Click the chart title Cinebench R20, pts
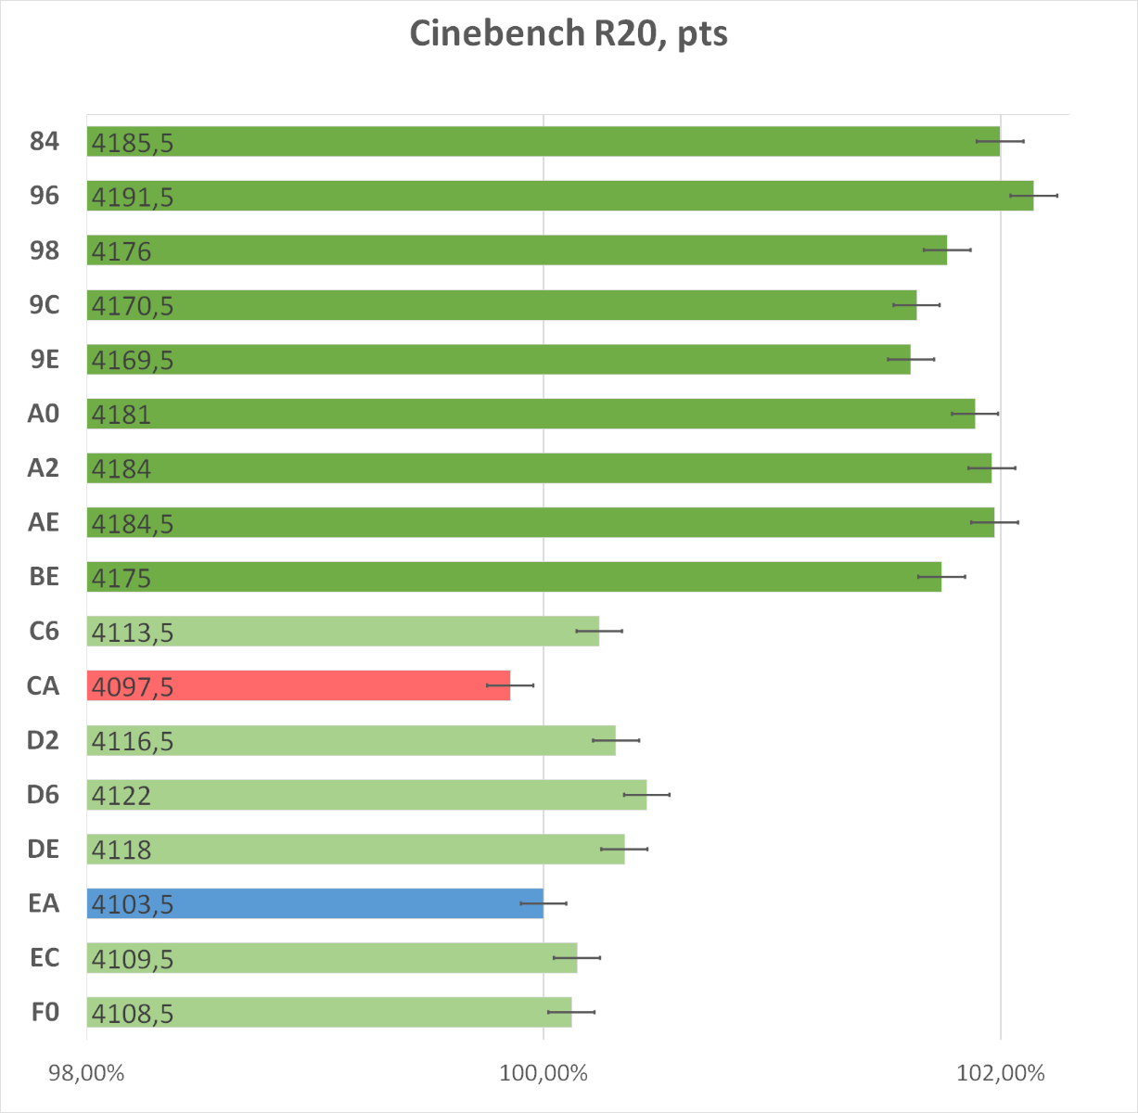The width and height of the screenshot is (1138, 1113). tap(569, 34)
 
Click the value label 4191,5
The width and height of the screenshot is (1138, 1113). tap(133, 197)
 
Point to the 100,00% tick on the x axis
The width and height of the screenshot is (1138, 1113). tap(543, 1073)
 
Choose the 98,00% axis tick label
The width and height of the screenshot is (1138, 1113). tap(86, 1073)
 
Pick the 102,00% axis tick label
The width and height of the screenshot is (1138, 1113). tap(1000, 1073)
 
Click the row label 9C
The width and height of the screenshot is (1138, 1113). tap(44, 305)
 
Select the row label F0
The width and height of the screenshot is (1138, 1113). tap(45, 1012)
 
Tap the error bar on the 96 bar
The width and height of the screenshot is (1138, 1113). tap(1034, 196)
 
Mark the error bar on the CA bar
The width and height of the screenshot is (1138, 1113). tap(510, 685)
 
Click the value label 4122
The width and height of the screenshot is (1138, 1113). tap(121, 796)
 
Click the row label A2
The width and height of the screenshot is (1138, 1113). tap(43, 468)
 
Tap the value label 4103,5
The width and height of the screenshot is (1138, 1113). tap(133, 904)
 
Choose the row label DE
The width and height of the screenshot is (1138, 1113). tap(44, 849)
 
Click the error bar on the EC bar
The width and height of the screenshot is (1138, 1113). tap(577, 957)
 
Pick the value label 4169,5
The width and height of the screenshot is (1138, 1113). tap(133, 360)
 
